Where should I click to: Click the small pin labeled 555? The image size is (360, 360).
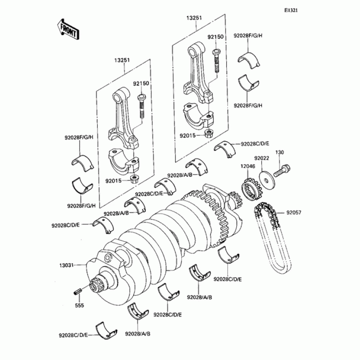tap(77, 291)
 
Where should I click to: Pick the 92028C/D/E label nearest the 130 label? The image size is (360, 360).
tap(254, 144)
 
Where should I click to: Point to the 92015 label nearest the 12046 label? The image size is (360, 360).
tap(189, 135)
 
